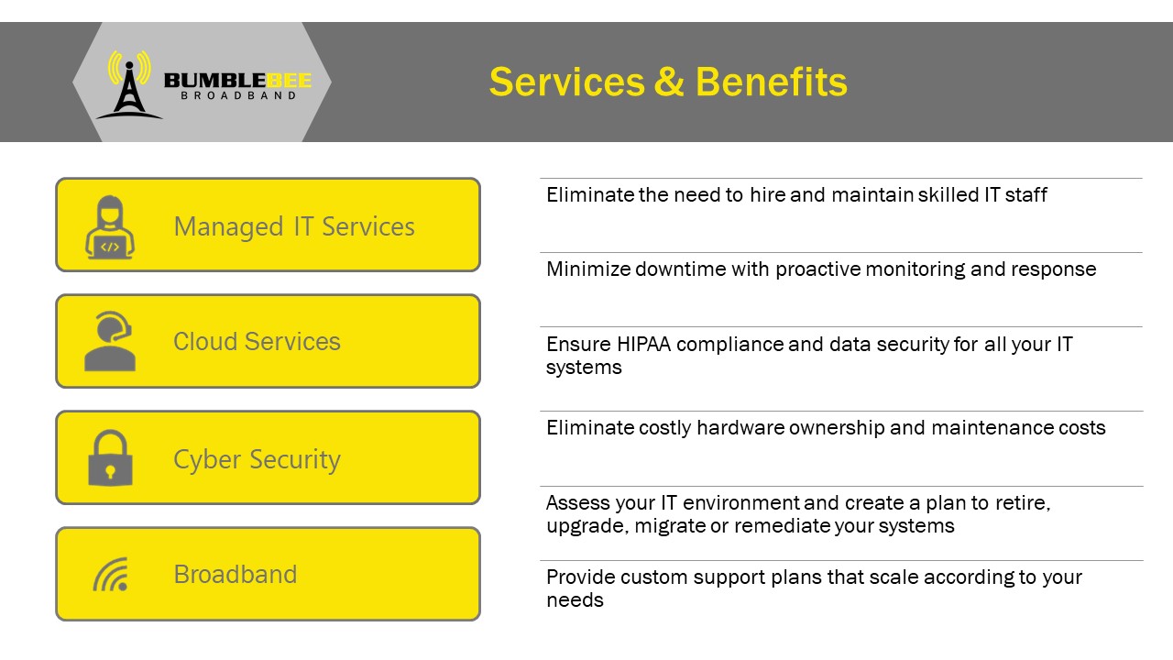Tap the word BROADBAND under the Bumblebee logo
(239, 96)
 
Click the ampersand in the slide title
(669, 82)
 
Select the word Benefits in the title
(771, 82)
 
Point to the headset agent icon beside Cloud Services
(110, 342)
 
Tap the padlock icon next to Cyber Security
(110, 457)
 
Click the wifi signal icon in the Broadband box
(111, 575)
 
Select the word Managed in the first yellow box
(229, 228)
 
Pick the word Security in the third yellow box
(295, 459)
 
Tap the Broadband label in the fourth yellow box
(236, 574)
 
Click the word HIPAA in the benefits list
(643, 344)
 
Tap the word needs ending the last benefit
(575, 600)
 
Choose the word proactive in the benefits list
(818, 269)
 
